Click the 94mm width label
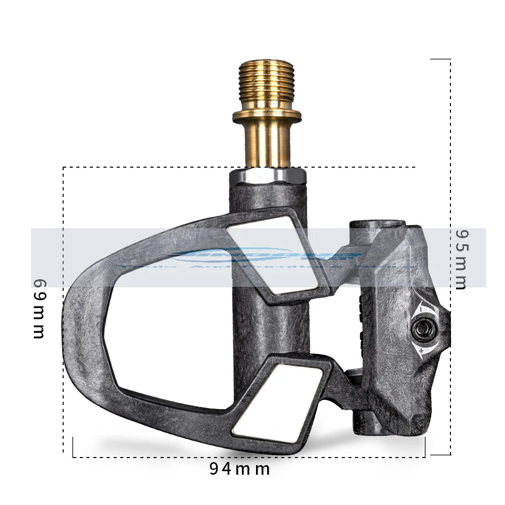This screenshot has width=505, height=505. (x=239, y=469)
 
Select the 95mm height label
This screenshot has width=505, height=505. (x=461, y=260)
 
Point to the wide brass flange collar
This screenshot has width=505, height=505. (x=267, y=116)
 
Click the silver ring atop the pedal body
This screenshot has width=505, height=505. (x=267, y=177)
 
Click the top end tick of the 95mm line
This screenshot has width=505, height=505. (x=440, y=59)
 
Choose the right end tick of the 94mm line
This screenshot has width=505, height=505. (x=425, y=447)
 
